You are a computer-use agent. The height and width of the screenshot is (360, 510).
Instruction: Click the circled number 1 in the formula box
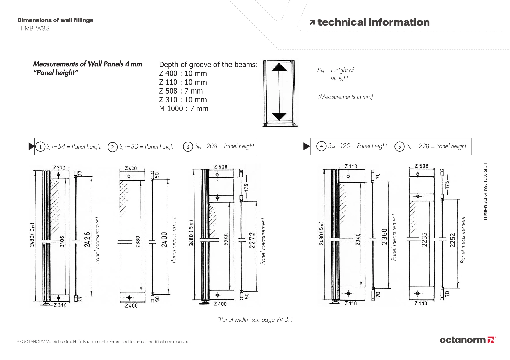[40, 147]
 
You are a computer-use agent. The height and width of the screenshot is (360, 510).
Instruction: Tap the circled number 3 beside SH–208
[188, 147]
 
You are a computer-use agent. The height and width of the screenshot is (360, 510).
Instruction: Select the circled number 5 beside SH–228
[399, 146]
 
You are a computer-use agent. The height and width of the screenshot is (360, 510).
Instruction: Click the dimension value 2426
[87, 239]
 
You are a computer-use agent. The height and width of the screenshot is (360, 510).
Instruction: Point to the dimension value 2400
[164, 239]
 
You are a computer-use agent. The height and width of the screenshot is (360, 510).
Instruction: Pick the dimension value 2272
[252, 240]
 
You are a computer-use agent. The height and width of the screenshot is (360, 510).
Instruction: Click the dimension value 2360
[384, 236]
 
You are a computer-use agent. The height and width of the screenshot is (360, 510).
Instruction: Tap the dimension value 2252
[453, 240]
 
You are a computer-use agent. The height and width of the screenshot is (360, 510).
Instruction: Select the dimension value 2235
[424, 239]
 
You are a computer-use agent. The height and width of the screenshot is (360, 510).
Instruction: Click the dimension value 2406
[62, 241]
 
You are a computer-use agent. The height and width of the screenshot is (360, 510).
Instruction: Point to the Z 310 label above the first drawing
[59, 168]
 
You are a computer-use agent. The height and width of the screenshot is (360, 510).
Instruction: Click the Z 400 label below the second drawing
[131, 305]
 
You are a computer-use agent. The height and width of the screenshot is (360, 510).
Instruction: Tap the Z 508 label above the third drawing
[221, 167]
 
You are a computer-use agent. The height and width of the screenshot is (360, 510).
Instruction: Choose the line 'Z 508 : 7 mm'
[181, 91]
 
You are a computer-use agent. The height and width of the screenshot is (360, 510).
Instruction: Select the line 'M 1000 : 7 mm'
[184, 109]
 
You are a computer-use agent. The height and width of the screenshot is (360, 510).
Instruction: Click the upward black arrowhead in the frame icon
[279, 67]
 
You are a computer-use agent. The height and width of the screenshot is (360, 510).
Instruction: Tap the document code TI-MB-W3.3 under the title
[33, 28]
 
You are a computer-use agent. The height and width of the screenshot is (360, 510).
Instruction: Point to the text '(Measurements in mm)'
[345, 97]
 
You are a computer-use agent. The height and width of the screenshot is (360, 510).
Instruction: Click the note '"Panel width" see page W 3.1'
[255, 319]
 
